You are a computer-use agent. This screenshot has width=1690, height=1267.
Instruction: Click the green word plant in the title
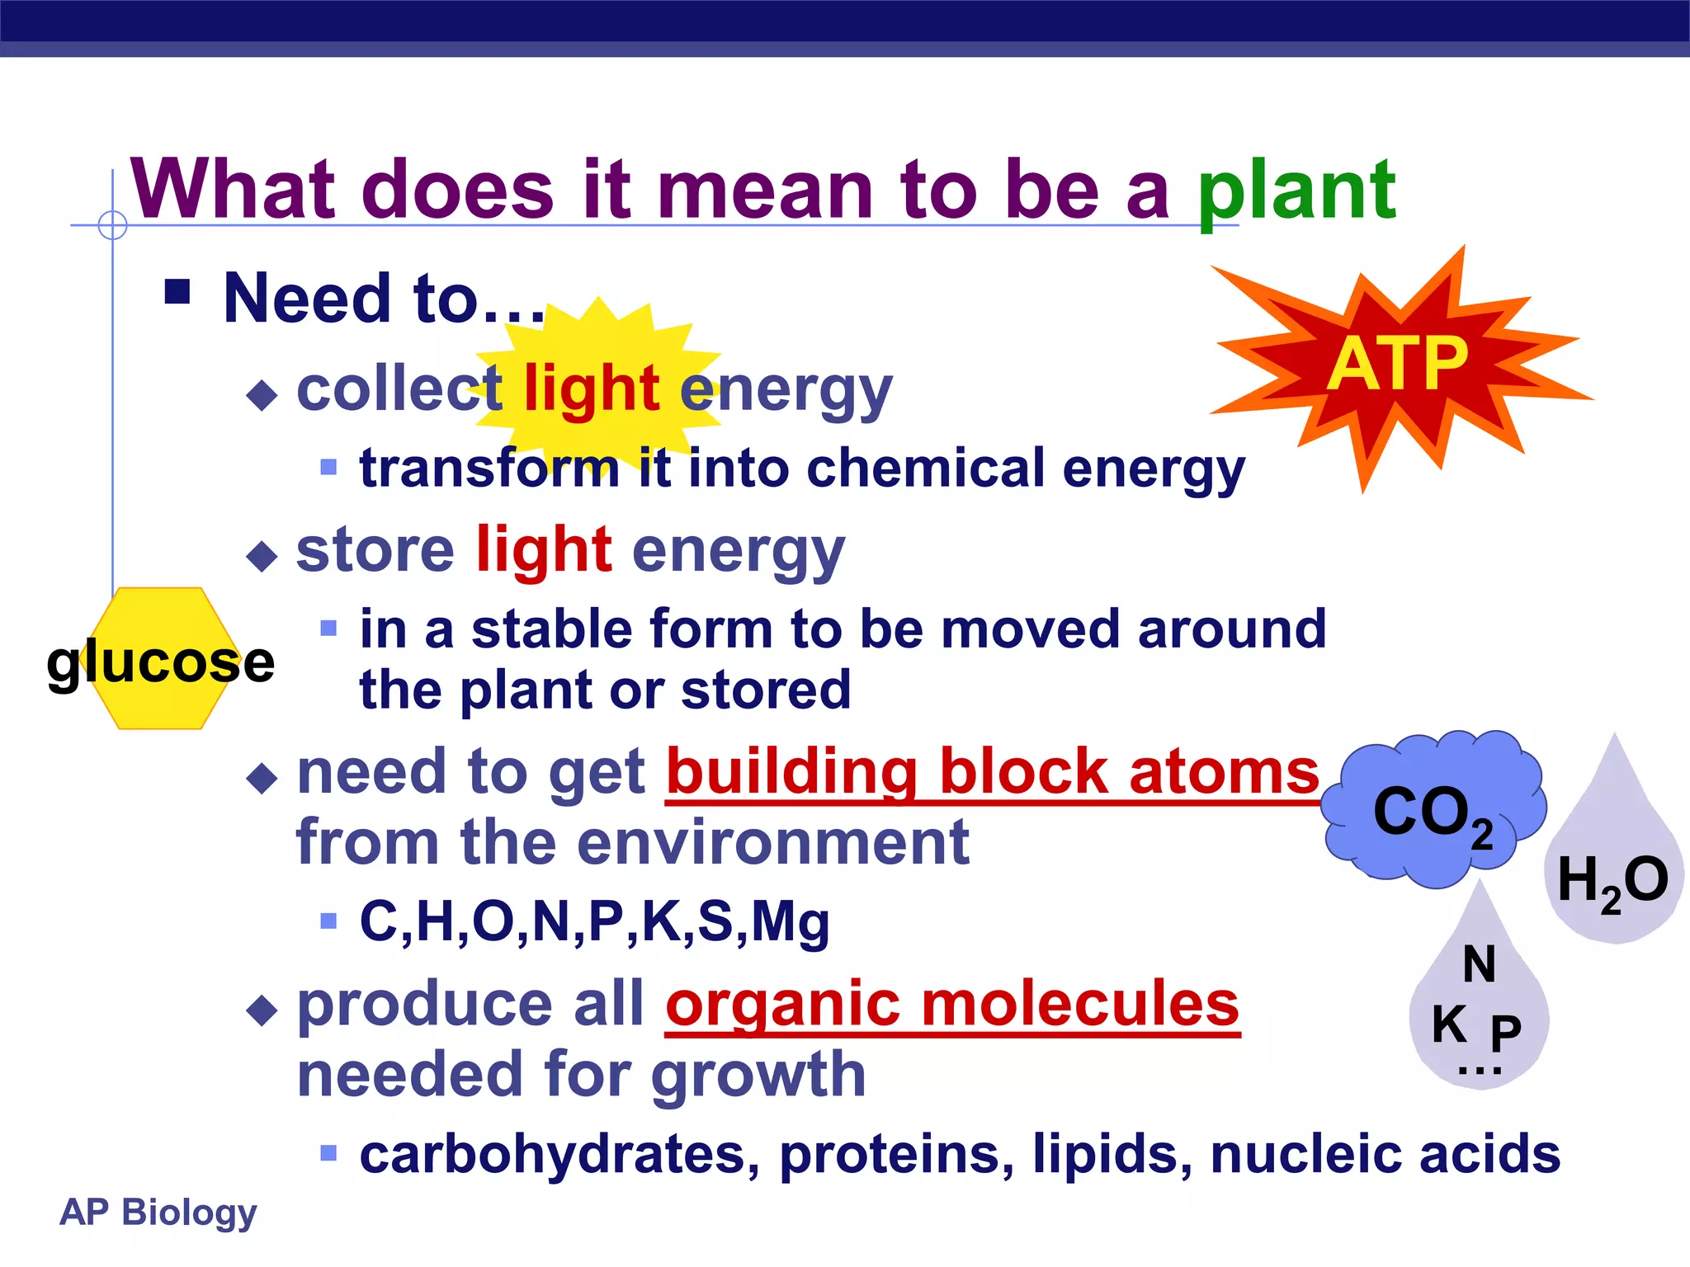point(1296,191)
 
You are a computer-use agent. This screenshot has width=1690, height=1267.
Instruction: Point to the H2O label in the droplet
point(1612,881)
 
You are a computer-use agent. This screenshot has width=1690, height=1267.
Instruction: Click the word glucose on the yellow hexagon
point(160,662)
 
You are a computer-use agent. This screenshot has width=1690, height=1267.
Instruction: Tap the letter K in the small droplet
point(1449,1024)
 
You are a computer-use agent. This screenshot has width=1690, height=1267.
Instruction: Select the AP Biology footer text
point(158,1212)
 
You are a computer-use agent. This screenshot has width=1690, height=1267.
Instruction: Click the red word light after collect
point(592,388)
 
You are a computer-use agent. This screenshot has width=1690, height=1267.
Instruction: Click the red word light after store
point(544,549)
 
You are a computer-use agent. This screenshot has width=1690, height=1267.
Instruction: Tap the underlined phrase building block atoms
point(993,772)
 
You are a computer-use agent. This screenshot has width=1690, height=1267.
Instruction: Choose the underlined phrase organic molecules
point(952,1004)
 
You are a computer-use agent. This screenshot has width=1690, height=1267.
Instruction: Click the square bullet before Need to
point(177,292)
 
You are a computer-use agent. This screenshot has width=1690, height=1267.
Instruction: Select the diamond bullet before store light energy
point(262,556)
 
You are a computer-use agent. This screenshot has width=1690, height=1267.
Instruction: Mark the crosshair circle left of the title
point(112,224)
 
